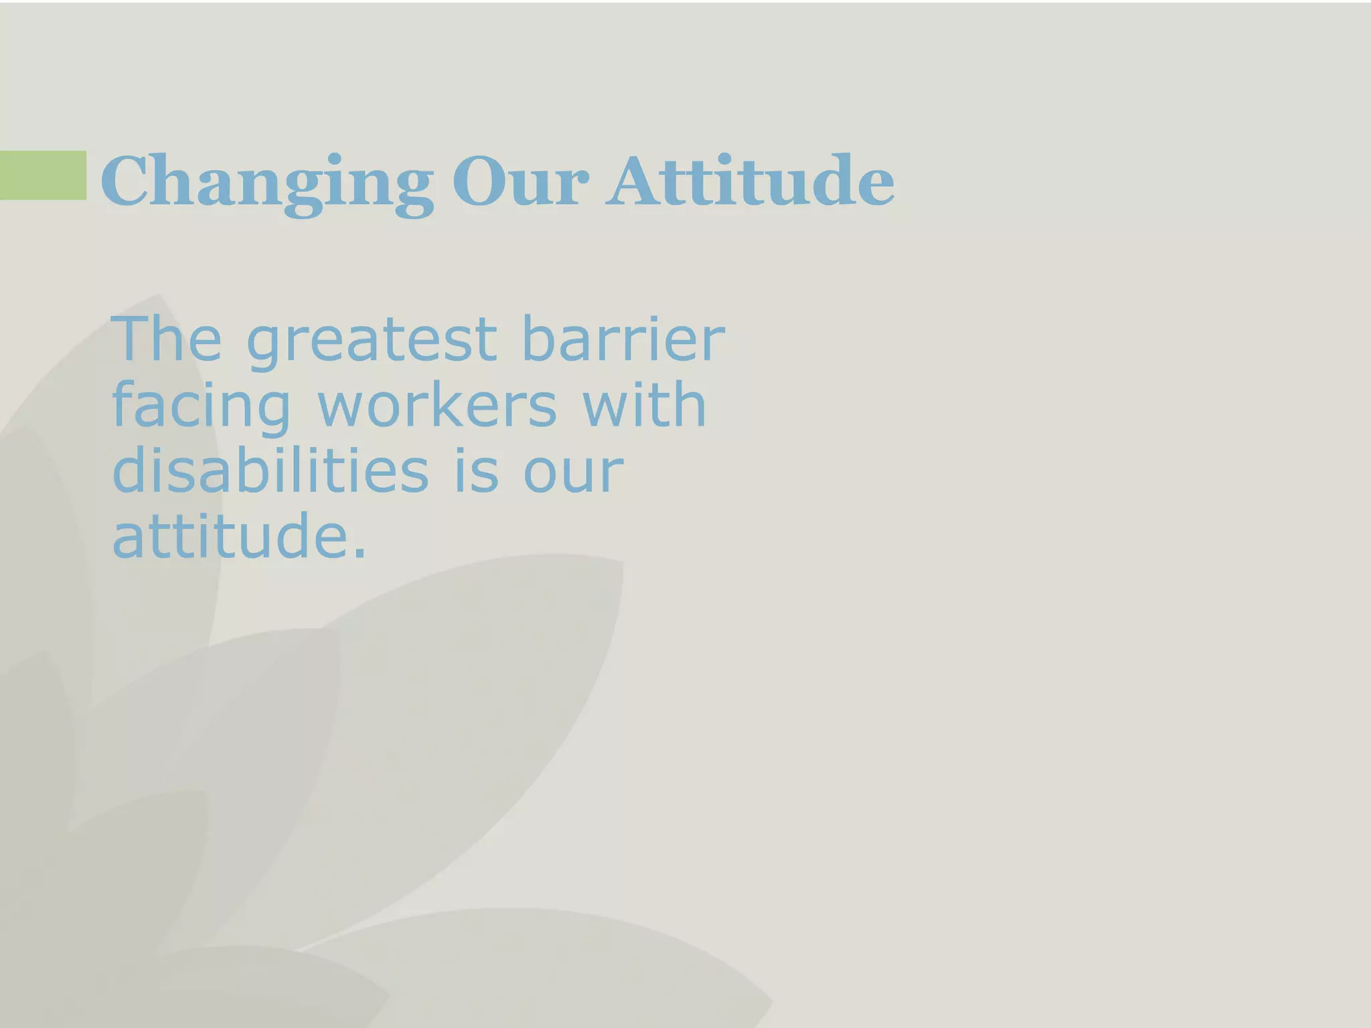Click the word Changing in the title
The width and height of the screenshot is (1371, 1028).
click(x=266, y=182)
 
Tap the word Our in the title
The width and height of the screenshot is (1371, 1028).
click(x=521, y=182)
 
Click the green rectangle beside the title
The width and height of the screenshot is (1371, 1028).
click(x=43, y=175)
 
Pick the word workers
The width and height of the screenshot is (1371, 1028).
click(x=436, y=405)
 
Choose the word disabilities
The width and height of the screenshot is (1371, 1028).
click(x=270, y=470)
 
